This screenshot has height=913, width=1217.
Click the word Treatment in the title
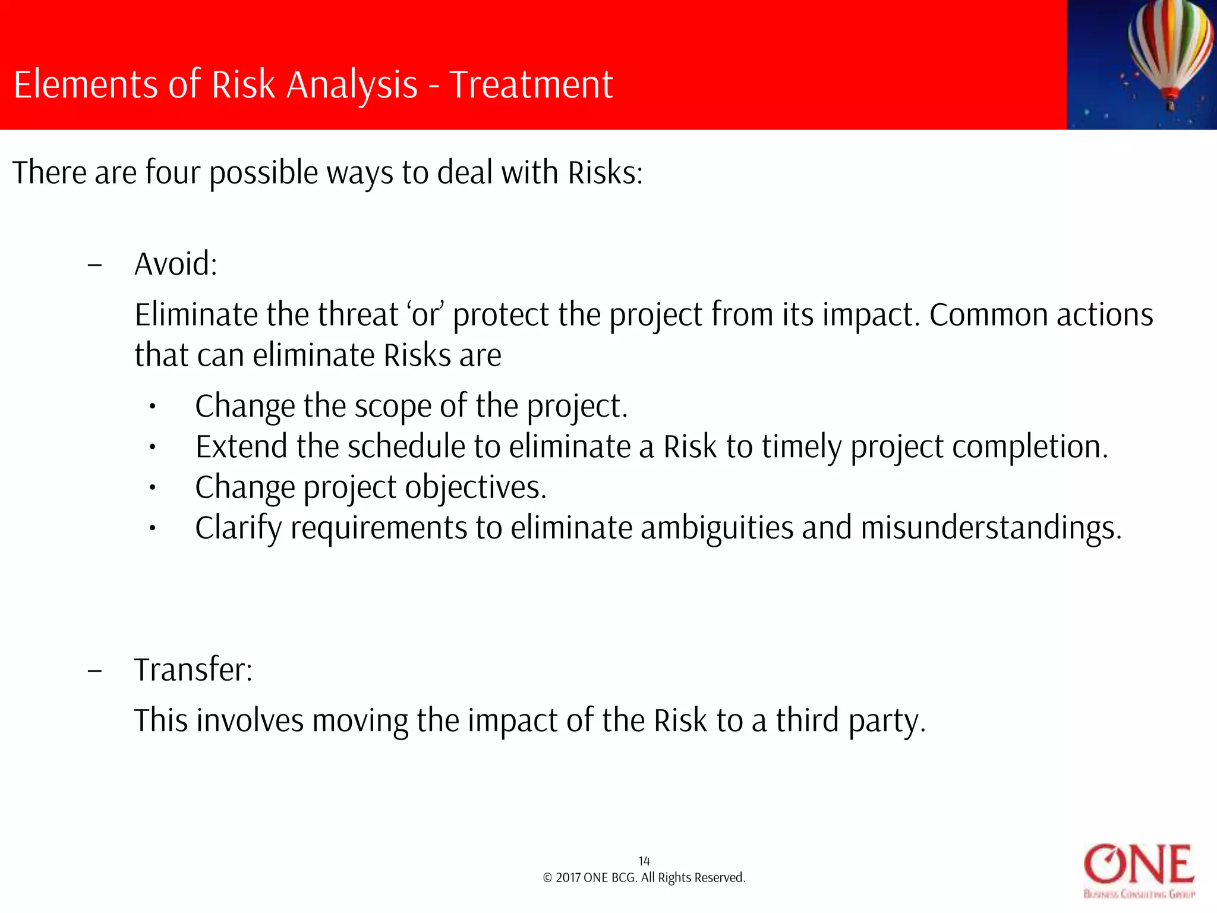point(531,84)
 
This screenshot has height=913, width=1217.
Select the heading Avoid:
point(176,264)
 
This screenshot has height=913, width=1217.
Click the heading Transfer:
point(193,670)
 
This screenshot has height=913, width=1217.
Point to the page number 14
point(644,861)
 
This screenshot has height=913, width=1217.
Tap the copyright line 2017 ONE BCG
point(644,878)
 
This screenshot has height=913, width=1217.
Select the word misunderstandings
point(991,528)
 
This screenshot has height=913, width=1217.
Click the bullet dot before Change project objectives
point(152,488)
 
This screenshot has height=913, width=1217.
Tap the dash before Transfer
point(94,671)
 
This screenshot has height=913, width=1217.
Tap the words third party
point(850,721)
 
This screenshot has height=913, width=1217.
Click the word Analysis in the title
point(352,84)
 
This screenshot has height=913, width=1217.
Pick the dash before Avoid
point(94,265)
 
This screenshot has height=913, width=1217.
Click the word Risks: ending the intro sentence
point(605,173)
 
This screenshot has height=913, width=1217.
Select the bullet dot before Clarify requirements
point(152,528)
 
